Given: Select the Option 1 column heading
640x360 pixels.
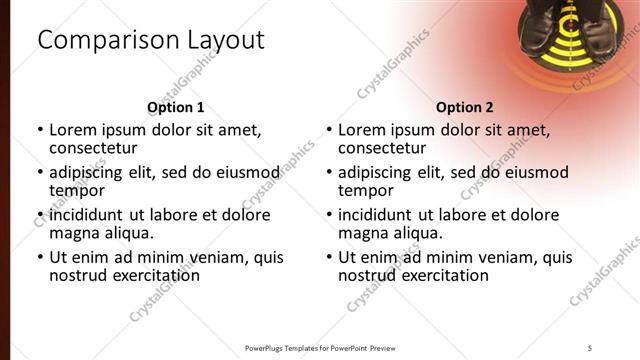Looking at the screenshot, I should click(x=176, y=107).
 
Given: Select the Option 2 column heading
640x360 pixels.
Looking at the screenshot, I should click(x=465, y=107).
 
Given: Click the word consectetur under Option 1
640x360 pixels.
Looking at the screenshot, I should click(x=94, y=148).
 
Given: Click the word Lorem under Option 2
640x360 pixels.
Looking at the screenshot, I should click(x=363, y=129).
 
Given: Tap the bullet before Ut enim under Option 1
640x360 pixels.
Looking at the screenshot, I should click(x=40, y=257).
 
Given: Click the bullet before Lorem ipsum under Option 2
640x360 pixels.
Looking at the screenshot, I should click(x=329, y=130).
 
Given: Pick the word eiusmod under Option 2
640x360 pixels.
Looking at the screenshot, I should click(x=535, y=172).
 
